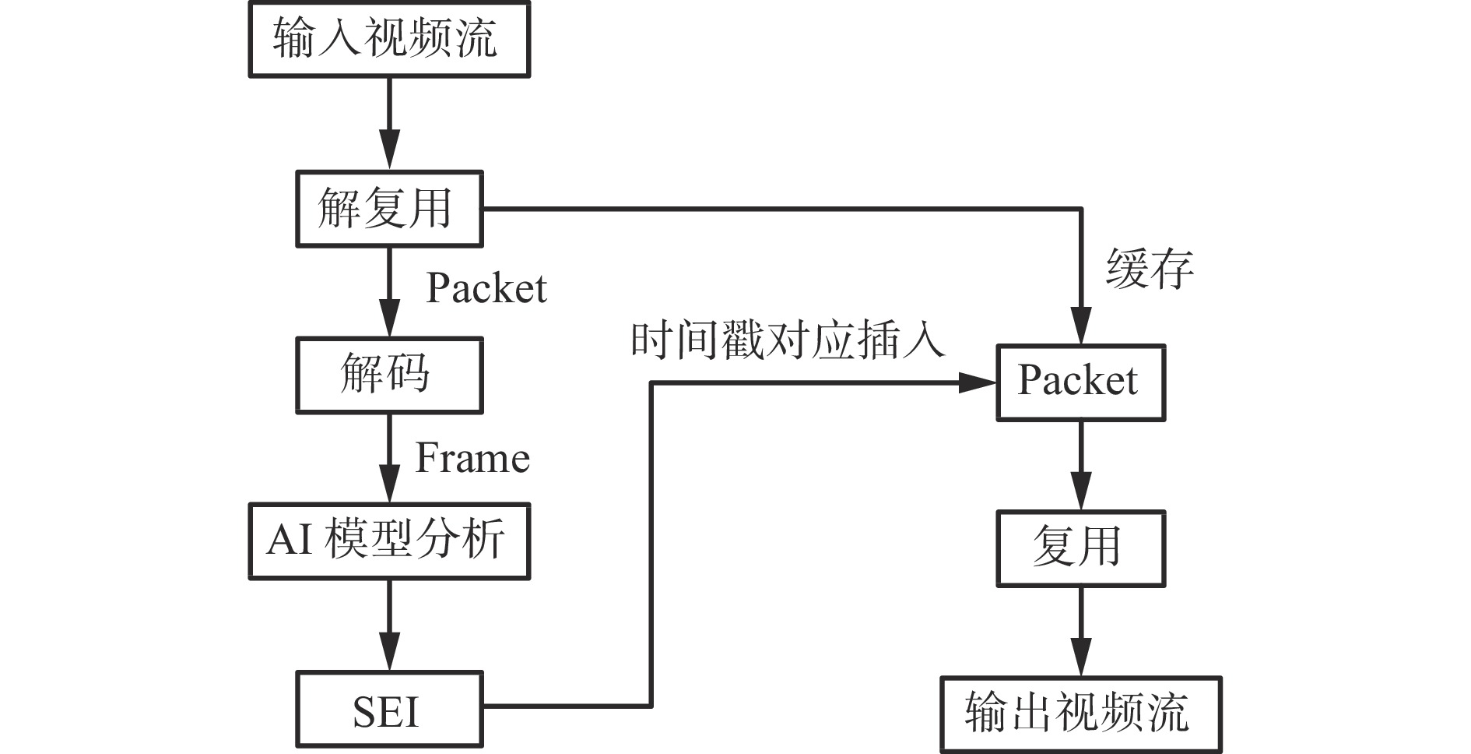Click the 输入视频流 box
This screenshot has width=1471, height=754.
(x=389, y=39)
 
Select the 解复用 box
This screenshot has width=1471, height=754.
(x=389, y=209)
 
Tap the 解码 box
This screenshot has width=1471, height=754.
(x=389, y=375)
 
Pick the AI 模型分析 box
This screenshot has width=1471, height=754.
(x=389, y=541)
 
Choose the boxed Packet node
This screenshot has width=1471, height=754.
(x=1080, y=382)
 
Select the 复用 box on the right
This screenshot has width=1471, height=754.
(x=1080, y=548)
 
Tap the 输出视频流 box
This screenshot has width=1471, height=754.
(x=1080, y=714)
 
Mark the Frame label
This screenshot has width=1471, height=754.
(x=472, y=458)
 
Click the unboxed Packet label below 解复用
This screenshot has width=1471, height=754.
(x=486, y=289)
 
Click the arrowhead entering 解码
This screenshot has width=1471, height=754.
(x=389, y=320)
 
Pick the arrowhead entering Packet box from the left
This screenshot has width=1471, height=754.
(x=978, y=382)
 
